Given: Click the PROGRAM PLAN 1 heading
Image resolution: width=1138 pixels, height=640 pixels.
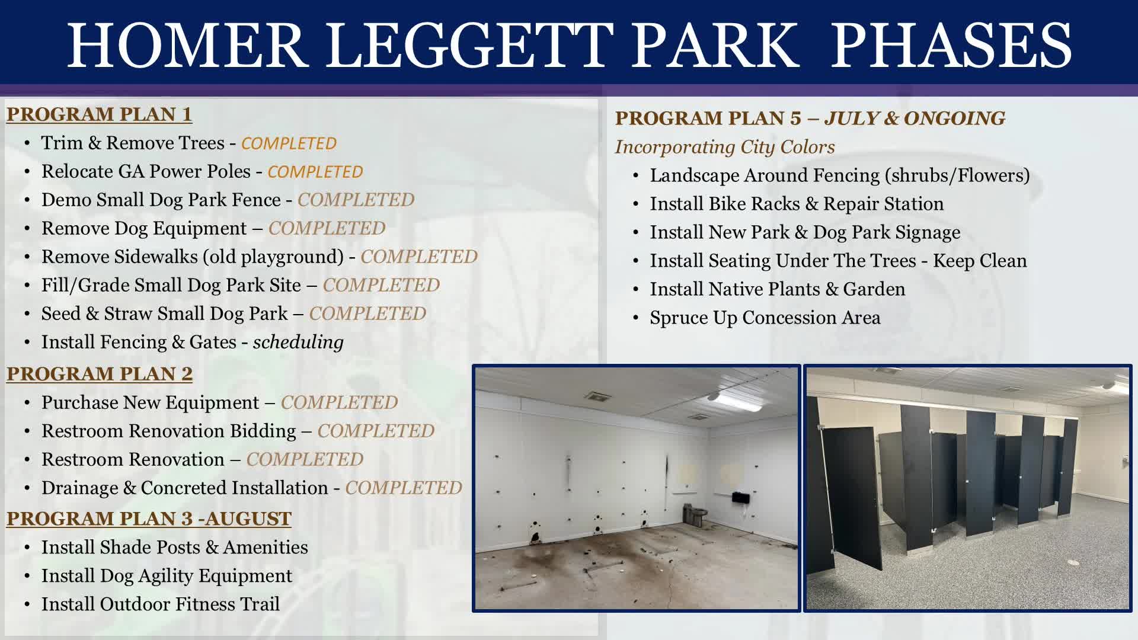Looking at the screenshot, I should click(x=99, y=114).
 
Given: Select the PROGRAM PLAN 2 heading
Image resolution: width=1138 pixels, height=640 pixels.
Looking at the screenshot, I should click(x=100, y=373).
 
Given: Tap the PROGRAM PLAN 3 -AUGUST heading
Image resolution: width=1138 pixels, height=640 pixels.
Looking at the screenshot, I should click(x=149, y=518).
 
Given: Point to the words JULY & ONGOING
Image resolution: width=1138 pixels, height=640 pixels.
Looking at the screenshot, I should click(x=915, y=118).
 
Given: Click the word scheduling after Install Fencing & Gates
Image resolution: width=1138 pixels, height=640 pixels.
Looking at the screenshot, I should click(x=298, y=342).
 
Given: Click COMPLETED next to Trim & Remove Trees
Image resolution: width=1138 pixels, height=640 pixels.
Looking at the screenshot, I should click(x=289, y=143).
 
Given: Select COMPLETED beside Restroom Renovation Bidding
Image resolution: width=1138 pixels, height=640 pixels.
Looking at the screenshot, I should click(x=376, y=431).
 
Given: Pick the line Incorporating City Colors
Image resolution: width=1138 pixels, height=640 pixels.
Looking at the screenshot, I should click(x=724, y=146).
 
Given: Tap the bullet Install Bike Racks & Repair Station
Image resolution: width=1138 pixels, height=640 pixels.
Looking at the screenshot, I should click(x=796, y=204).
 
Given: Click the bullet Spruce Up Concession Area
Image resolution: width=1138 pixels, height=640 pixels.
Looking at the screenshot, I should click(x=765, y=318).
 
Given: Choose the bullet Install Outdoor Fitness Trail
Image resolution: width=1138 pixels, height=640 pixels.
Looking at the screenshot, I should click(x=160, y=604).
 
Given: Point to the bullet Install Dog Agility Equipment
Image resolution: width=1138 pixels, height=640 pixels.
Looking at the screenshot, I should click(x=167, y=575).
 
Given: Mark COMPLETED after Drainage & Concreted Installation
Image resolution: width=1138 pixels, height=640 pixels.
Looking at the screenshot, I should click(x=404, y=488).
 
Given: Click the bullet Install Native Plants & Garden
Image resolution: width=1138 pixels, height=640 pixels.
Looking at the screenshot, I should click(x=777, y=289).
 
